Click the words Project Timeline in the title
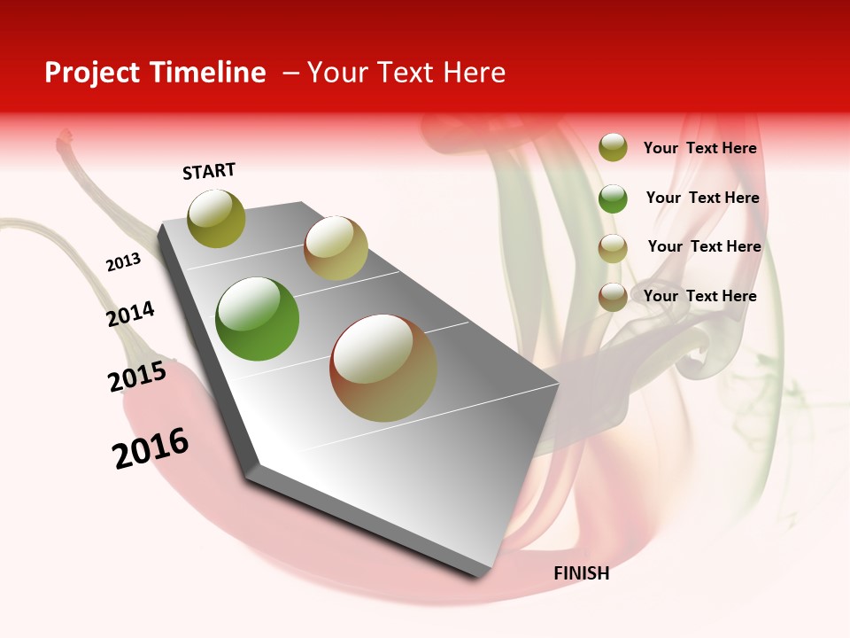coord(155,73)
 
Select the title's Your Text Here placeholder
coord(406,73)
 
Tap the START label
coord(209,171)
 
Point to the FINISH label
coord(581,573)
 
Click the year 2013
coord(123,262)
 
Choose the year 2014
coord(130,314)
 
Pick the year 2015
coord(136,377)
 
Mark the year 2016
coord(151,447)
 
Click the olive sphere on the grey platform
coord(216,218)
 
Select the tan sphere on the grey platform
coord(336,248)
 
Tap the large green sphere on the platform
coord(257,319)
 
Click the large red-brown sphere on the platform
coord(383,368)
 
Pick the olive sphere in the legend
coord(613,147)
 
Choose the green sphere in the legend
coord(613,198)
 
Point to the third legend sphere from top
coord(613,248)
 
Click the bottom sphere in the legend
coord(613,297)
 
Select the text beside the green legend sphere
coord(702,198)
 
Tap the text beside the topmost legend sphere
coord(699,148)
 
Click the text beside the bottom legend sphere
coord(699,296)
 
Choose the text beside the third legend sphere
coord(704,246)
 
